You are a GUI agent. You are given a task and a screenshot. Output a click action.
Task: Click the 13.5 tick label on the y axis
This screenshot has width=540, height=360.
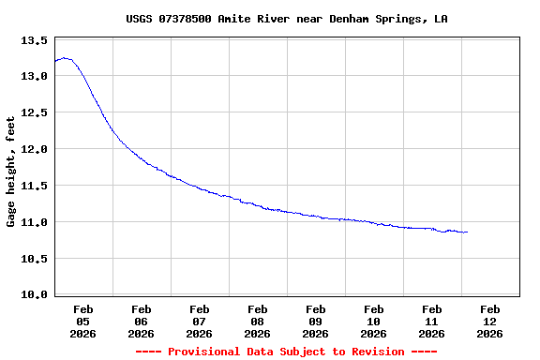coord(34,40)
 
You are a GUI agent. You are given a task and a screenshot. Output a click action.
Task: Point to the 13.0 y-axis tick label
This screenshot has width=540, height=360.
coord(34,76)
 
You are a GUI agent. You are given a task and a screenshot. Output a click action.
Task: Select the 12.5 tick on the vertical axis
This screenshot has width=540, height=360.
coord(34,112)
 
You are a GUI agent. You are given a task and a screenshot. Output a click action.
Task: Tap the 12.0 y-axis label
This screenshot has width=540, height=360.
coord(34,149)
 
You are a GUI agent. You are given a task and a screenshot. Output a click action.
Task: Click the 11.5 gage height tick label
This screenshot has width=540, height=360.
coord(34,186)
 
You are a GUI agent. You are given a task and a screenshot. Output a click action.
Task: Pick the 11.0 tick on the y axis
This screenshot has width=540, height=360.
coord(34,222)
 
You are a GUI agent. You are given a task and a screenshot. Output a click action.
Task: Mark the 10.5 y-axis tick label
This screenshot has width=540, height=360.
coord(34,259)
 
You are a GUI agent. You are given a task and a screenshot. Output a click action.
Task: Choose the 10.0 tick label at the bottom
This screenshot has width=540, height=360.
coord(34,294)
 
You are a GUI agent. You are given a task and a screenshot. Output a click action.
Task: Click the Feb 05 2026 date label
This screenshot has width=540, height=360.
coord(82,321)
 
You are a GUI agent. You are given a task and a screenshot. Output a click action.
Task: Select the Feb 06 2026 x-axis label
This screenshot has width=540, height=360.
coord(141,321)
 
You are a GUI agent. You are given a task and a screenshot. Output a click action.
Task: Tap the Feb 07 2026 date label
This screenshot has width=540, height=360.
coord(199,321)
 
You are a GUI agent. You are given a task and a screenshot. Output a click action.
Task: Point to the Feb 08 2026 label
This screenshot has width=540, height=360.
coord(257,321)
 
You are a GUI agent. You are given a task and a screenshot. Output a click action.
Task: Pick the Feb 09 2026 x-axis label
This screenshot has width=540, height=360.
coord(315,321)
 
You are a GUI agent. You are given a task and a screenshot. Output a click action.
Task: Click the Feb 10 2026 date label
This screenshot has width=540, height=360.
coord(373,321)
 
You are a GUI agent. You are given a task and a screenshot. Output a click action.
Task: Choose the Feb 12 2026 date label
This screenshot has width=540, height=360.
coord(489,321)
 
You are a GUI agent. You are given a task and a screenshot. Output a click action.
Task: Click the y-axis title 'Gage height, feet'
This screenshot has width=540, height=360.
coord(11,172)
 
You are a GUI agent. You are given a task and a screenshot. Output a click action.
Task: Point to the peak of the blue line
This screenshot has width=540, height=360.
coord(65,58)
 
